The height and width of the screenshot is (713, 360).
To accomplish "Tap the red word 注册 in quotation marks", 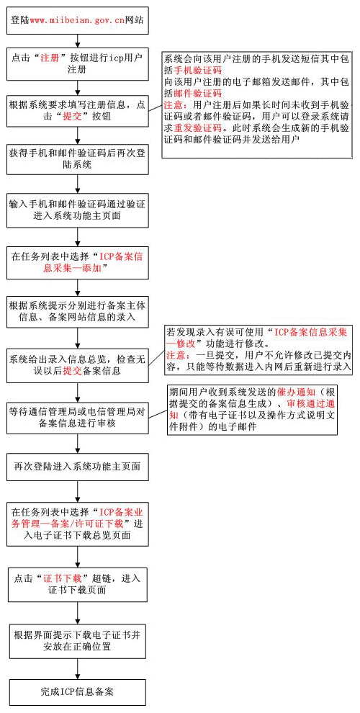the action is pos(50,58).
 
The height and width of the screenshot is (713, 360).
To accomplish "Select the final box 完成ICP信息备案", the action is pos(78,692).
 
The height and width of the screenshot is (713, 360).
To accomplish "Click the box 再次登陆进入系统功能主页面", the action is pos(78,467).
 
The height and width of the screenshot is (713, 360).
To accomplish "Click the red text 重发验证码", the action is pos(198,127).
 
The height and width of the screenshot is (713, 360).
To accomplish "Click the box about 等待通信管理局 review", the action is pos(78,417).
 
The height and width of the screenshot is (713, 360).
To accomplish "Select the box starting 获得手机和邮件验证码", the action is pos(78,159).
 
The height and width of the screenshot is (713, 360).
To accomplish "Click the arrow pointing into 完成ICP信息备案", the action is pos(78,668).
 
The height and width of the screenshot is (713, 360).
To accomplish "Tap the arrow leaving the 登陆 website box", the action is pos(78,40).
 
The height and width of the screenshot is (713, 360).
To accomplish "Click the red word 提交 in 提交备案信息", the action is pos(72,371).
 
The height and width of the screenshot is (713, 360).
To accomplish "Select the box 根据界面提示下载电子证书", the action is pos(78,641).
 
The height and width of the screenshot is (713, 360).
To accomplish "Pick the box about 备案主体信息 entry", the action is pos(78,311).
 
